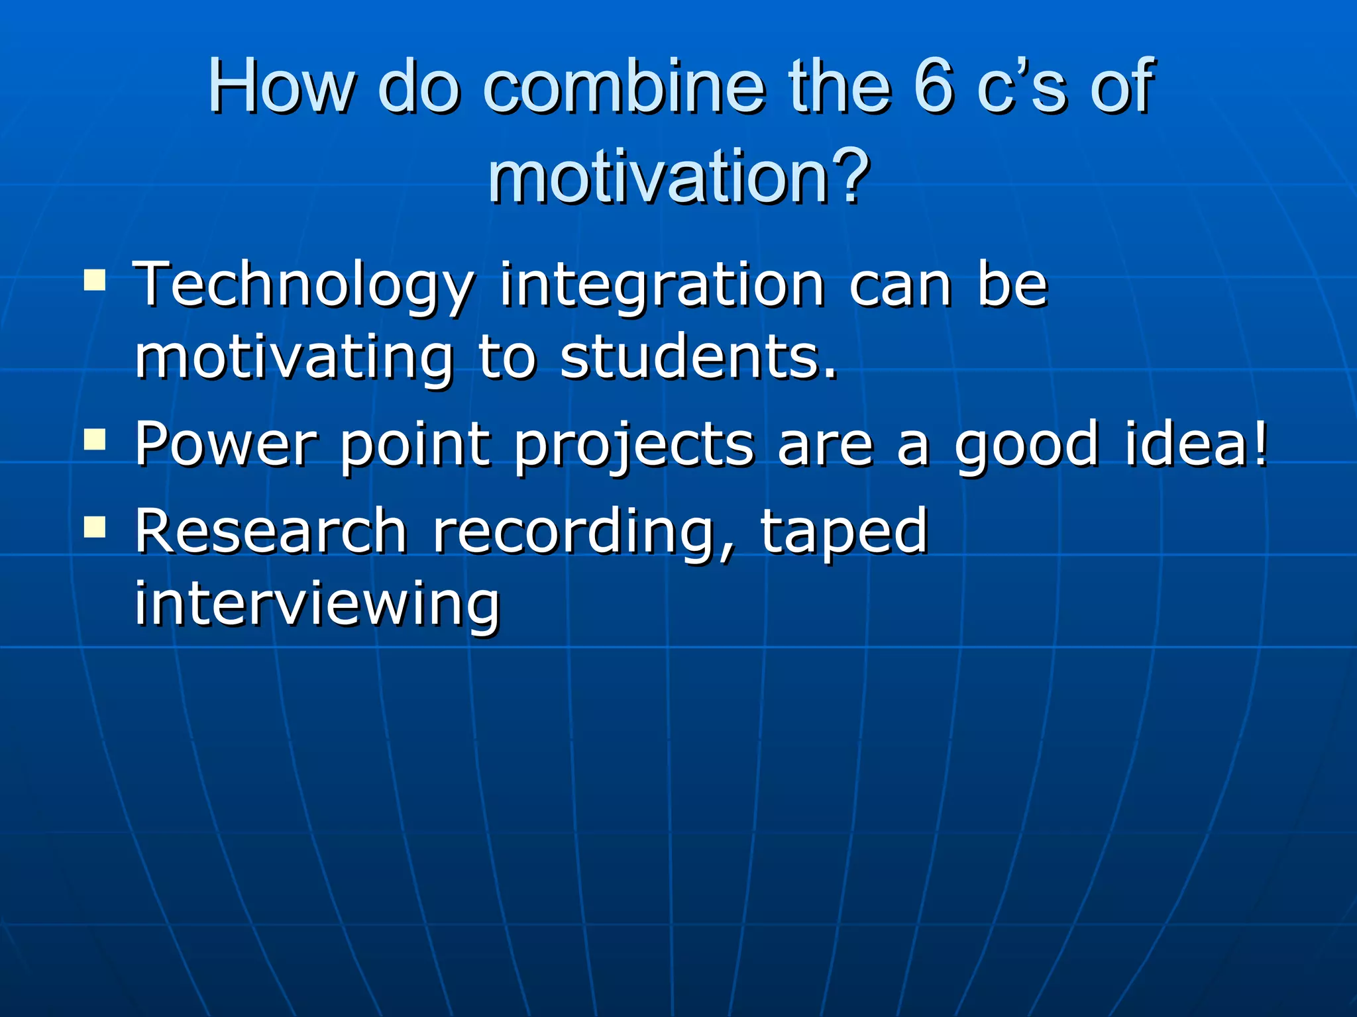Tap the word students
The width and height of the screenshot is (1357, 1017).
point(698,358)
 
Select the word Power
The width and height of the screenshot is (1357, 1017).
point(225,444)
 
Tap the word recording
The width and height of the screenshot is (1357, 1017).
point(584,532)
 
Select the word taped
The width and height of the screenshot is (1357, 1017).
point(843,532)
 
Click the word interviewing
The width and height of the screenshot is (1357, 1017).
point(317,604)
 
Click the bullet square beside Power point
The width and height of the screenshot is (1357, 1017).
point(95,438)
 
